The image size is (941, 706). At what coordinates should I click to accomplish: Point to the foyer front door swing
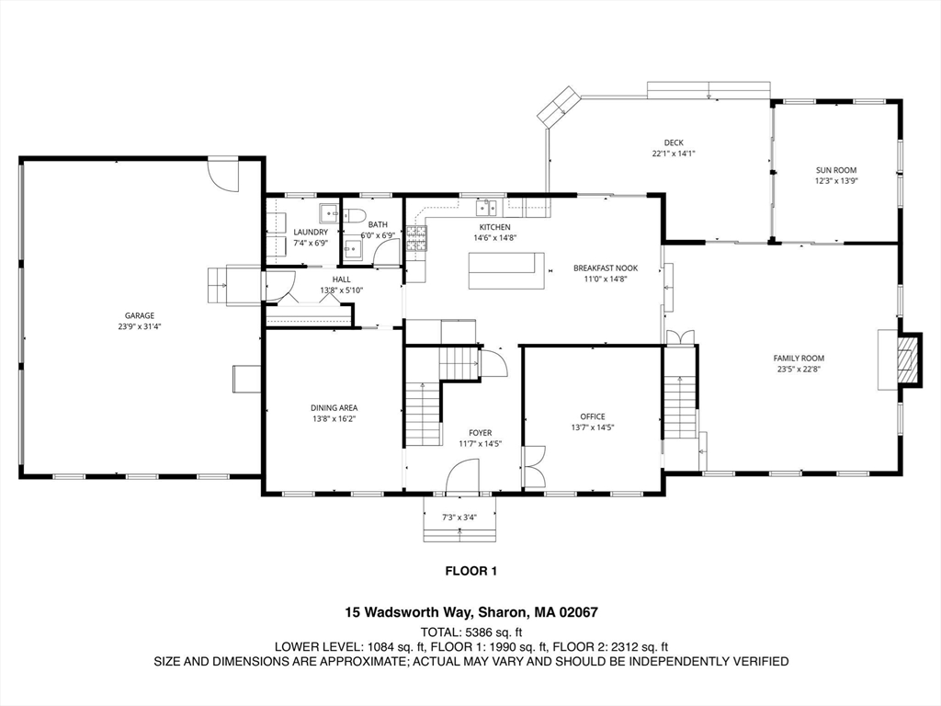click(461, 476)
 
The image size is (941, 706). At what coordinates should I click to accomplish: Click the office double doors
click(533, 467)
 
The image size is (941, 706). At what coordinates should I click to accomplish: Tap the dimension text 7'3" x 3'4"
click(459, 518)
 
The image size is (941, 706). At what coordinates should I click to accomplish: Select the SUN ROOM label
click(836, 170)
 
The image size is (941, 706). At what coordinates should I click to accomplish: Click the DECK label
click(674, 142)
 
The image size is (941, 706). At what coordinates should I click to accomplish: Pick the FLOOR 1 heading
click(470, 571)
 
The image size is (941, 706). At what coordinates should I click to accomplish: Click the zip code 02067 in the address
click(581, 612)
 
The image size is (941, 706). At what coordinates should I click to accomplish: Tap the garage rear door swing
click(223, 174)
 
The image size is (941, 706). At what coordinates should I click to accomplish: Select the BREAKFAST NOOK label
click(605, 268)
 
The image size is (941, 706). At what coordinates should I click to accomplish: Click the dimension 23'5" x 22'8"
click(798, 370)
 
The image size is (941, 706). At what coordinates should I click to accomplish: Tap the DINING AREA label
click(334, 407)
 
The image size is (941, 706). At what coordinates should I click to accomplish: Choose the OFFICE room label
click(593, 416)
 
